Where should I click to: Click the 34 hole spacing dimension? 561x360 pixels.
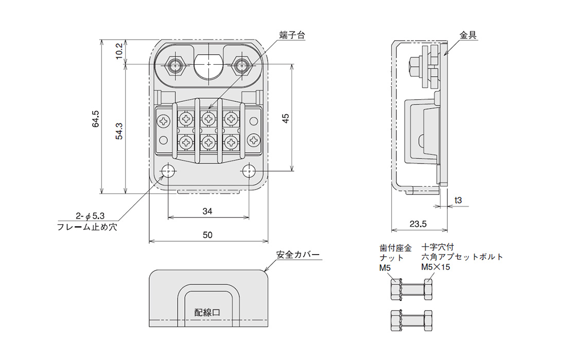tap(207, 211)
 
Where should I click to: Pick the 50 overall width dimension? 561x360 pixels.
tap(207, 235)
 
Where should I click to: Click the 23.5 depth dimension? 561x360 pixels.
tap(418, 224)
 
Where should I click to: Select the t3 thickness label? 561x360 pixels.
tap(459, 200)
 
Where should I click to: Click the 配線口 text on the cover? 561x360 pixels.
tap(207, 312)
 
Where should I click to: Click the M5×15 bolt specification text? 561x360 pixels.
tap(436, 267)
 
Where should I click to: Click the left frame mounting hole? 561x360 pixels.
tap(168, 171)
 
